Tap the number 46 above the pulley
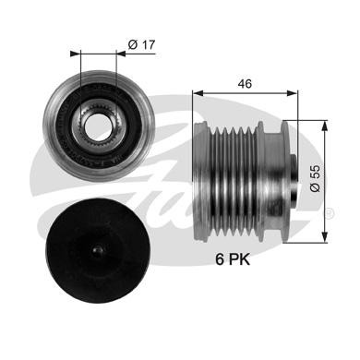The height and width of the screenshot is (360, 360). pos(243,82)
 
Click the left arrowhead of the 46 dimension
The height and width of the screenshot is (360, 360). pos(197,93)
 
